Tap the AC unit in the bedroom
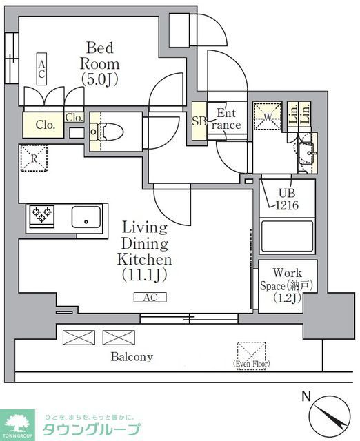[x=41, y=69]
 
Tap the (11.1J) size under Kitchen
[x=146, y=274]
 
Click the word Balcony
[x=132, y=357]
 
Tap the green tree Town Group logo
[x=19, y=423]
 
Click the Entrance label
[x=228, y=119]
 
